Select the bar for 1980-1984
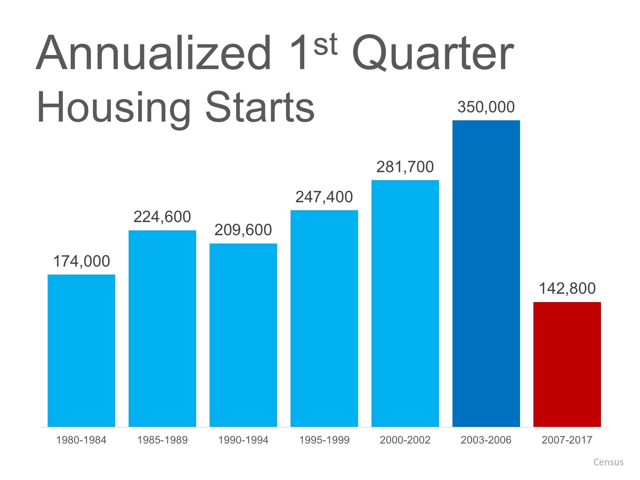click(81, 350)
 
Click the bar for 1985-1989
click(162, 328)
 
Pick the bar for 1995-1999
click(324, 318)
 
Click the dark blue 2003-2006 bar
click(486, 274)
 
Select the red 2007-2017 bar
click(567, 364)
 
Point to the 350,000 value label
click(486, 107)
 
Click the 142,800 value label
click(567, 288)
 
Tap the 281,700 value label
click(405, 167)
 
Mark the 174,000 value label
click(81, 261)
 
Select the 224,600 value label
click(162, 217)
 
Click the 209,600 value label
click(243, 230)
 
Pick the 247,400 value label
click(324, 197)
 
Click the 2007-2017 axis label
click(567, 440)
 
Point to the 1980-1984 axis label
click(81, 440)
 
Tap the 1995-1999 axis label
click(324, 440)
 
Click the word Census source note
click(608, 462)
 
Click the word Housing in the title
click(114, 107)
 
